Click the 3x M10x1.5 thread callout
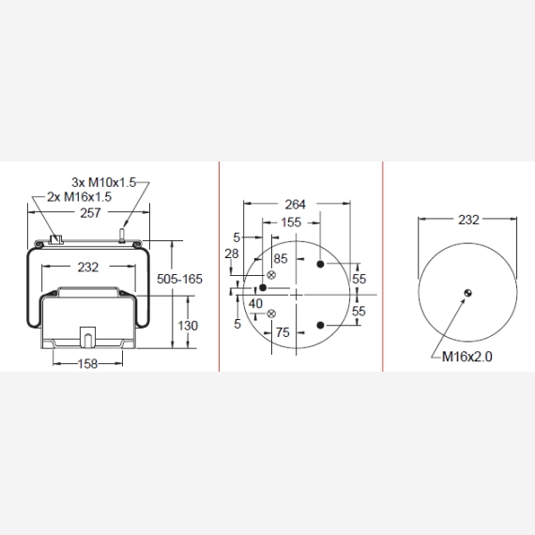tap(104, 182)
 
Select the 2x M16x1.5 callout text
tap(79, 197)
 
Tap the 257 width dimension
tap(90, 213)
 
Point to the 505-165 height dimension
tap(179, 279)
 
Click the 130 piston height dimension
tap(188, 326)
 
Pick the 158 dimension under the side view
tap(87, 364)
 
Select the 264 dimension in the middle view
tap(295, 205)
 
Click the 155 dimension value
tap(291, 222)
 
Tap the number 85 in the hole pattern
tap(281, 259)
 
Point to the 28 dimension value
tap(231, 253)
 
